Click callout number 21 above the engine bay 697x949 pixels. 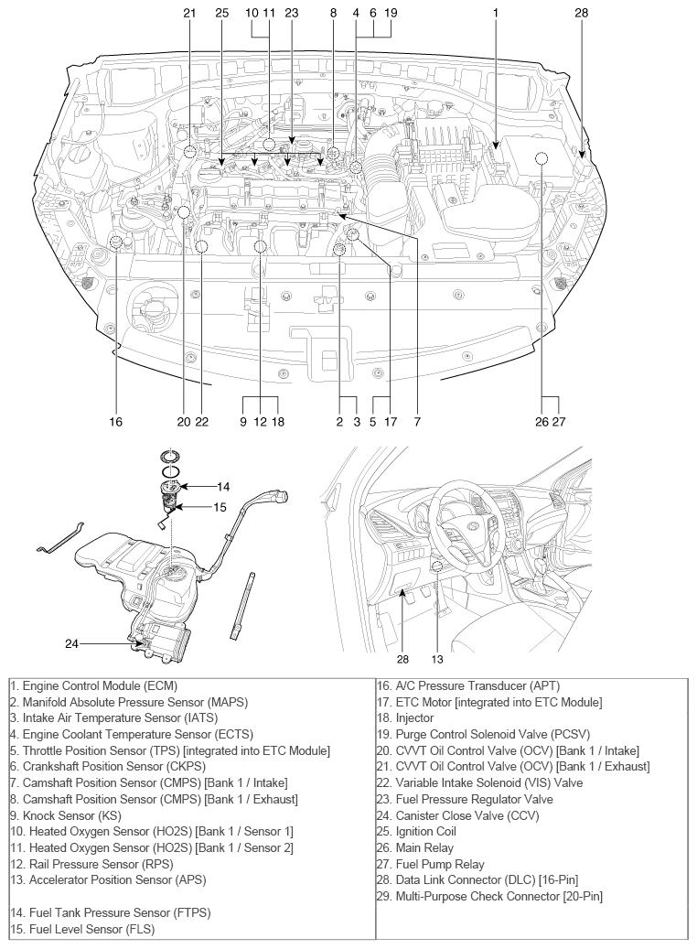(x=189, y=13)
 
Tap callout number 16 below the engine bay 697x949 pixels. (x=116, y=422)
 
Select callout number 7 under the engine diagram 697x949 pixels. (x=416, y=422)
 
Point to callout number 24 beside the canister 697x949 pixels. (x=72, y=643)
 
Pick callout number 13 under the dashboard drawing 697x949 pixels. (x=438, y=658)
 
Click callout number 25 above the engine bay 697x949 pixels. (x=222, y=13)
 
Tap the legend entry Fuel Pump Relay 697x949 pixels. (x=439, y=864)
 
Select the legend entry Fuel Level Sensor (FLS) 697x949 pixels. (x=81, y=929)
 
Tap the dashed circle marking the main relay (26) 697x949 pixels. (x=542, y=158)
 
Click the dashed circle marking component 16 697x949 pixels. (x=116, y=242)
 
